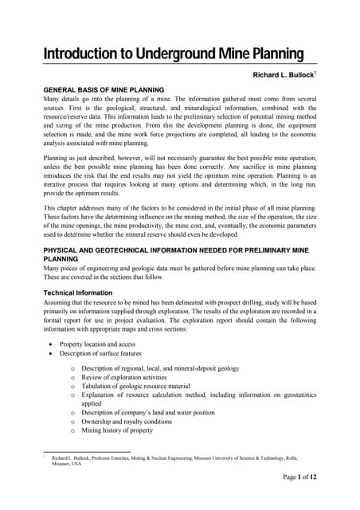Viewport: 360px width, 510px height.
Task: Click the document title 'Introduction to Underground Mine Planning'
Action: point(173,54)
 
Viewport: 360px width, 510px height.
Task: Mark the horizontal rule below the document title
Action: point(180,65)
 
